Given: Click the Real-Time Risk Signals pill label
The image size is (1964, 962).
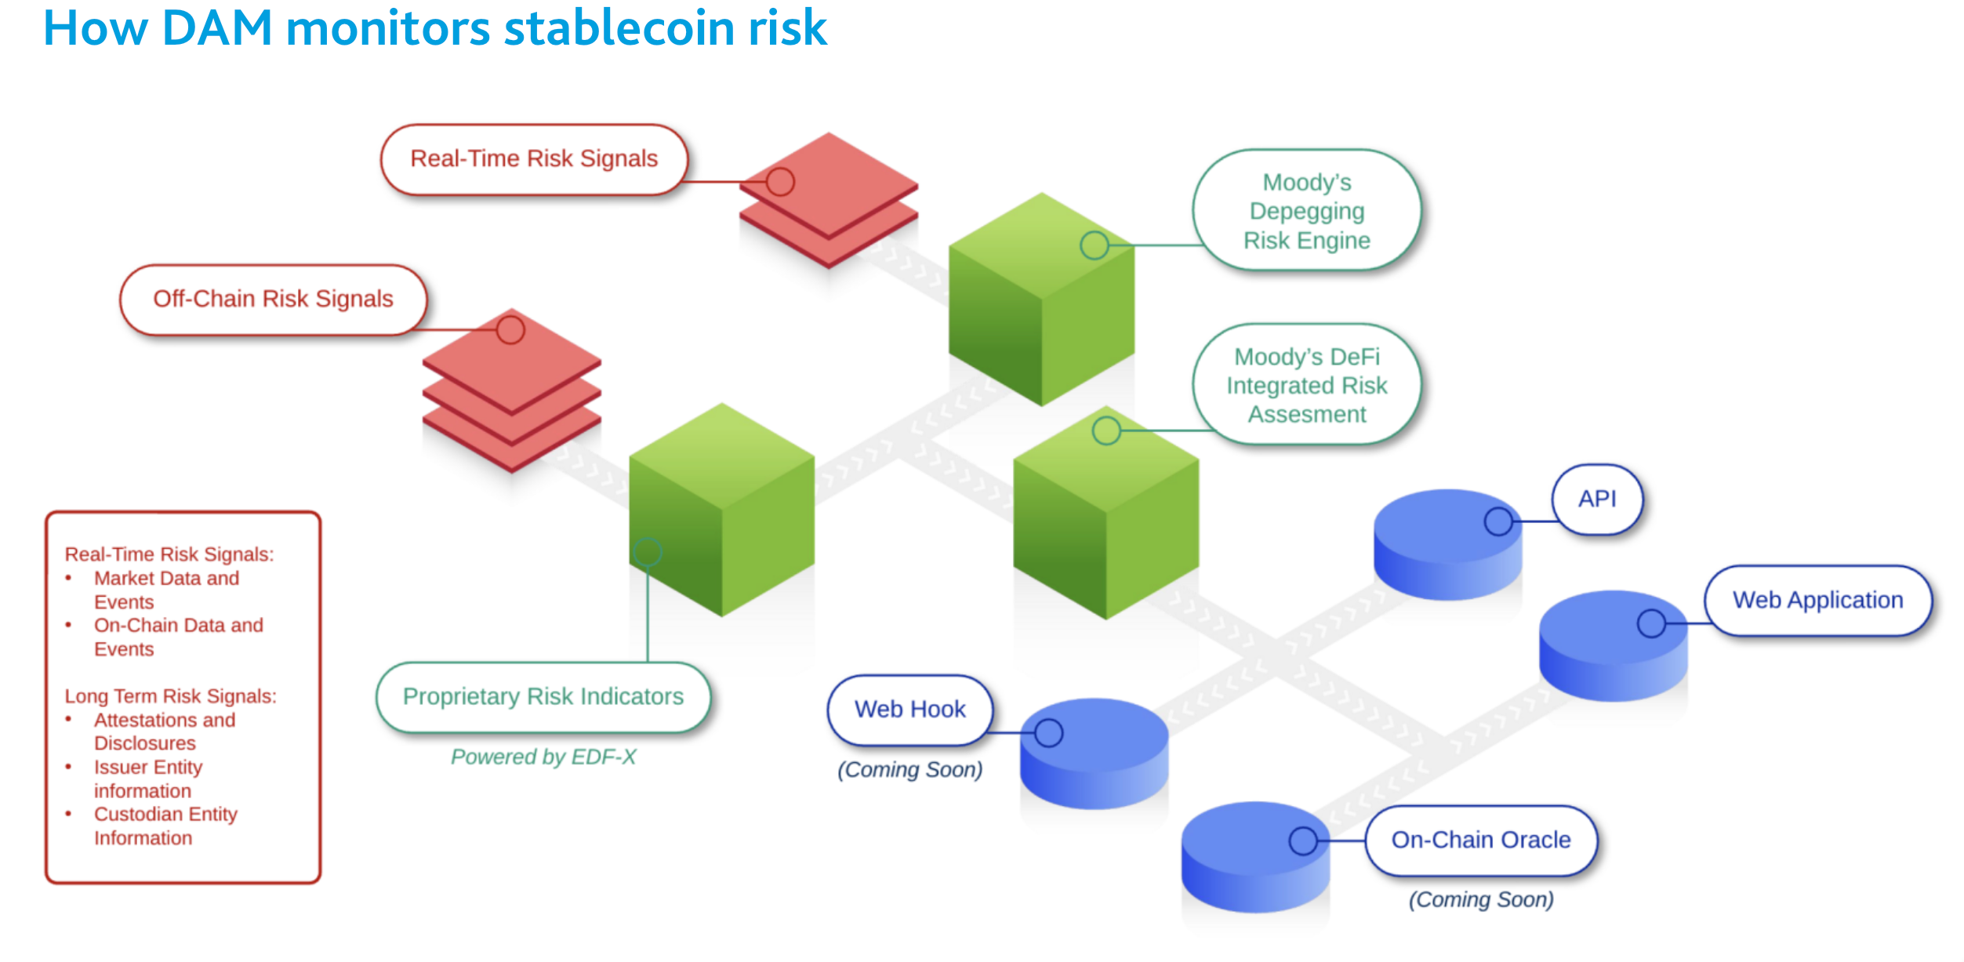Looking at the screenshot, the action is pyautogui.click(x=534, y=159).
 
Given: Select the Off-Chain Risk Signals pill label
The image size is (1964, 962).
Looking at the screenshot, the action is pyautogui.click(x=273, y=299).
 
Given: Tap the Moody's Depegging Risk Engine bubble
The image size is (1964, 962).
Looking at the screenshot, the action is pyautogui.click(x=1307, y=210).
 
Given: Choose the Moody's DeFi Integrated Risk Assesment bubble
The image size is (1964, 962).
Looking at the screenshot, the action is pyautogui.click(x=1307, y=385).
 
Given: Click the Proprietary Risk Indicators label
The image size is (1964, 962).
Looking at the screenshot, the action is pyautogui.click(x=543, y=697).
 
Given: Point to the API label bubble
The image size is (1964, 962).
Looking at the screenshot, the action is pyautogui.click(x=1597, y=499).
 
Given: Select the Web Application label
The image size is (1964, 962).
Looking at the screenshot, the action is pyautogui.click(x=1817, y=601).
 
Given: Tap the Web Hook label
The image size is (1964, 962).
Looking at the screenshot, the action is pyautogui.click(x=909, y=710).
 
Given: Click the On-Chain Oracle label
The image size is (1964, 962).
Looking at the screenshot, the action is pyautogui.click(x=1481, y=840).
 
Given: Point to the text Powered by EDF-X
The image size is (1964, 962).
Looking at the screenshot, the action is pyautogui.click(x=543, y=757).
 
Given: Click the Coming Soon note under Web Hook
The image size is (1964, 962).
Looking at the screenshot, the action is pyautogui.click(x=909, y=770).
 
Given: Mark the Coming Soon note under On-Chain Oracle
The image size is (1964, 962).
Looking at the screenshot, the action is pyautogui.click(x=1481, y=899).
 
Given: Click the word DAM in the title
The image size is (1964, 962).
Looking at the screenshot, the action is pyautogui.click(x=217, y=28).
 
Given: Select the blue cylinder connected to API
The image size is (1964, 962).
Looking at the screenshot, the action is pyautogui.click(x=1447, y=545).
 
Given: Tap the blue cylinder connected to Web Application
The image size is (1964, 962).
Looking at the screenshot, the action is pyautogui.click(x=1613, y=646).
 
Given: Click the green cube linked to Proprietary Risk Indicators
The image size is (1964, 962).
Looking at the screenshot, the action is pyautogui.click(x=721, y=510).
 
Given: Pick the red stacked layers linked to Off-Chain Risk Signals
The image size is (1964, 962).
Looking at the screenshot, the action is pyautogui.click(x=511, y=390).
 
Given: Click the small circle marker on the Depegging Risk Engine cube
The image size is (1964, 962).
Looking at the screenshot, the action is pyautogui.click(x=1095, y=245).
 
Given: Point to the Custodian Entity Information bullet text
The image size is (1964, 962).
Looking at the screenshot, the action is pyautogui.click(x=165, y=826).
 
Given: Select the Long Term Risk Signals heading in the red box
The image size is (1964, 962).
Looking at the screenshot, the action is pyautogui.click(x=170, y=696).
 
